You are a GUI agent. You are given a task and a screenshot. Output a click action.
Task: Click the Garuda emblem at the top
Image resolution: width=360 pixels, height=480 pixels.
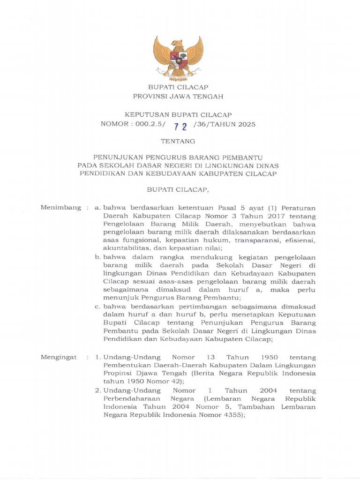[x=178, y=58]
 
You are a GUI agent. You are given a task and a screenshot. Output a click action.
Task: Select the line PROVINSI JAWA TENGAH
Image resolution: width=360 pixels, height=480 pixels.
[x=178, y=97]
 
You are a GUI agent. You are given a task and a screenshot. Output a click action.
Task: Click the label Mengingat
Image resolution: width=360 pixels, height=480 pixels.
[x=59, y=357]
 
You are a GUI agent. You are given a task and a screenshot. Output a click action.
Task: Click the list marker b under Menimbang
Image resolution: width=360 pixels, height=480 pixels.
[x=98, y=257]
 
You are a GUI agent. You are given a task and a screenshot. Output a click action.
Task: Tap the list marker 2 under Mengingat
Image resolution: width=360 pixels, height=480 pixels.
[x=98, y=390]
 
